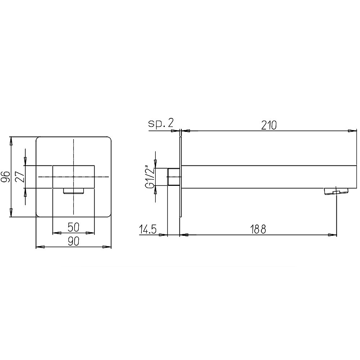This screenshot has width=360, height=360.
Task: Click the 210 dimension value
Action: (269, 126)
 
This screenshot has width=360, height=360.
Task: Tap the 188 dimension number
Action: (258, 229)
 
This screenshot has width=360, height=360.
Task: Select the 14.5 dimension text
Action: (148, 229)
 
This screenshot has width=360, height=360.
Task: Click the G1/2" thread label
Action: (150, 177)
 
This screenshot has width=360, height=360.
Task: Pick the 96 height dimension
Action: (5, 176)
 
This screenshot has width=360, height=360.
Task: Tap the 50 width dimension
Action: (73, 227)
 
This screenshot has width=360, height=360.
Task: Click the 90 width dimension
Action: (73, 242)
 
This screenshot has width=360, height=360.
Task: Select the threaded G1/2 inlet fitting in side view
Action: (174, 177)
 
